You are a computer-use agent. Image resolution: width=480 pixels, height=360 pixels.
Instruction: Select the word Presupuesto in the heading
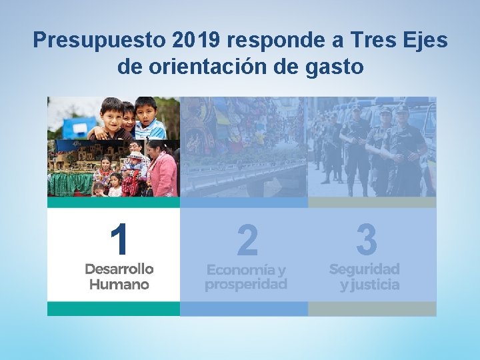pos(99,41)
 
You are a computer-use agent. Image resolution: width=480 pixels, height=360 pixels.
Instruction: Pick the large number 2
pos(247,240)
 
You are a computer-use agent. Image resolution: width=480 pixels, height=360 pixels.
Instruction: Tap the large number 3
pos(366,239)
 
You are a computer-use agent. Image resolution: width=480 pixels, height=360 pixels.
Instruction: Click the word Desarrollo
pos(119,269)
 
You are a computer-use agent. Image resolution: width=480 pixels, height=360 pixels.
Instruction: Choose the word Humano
pos(119,284)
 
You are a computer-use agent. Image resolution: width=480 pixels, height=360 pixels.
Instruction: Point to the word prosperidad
pos(246,285)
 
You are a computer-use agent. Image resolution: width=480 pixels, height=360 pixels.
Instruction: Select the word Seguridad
pos(365,269)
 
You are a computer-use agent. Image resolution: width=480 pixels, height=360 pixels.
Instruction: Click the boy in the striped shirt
pos(149,119)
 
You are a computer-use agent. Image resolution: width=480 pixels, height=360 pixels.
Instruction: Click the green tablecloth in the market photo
pos(70,184)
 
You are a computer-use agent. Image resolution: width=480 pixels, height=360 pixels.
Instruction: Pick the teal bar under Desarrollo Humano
pos(113,309)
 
